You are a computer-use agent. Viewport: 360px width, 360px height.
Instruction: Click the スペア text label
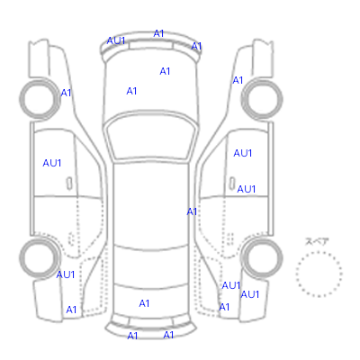point(317,241)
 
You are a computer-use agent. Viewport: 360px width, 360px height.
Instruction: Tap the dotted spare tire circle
point(319,252)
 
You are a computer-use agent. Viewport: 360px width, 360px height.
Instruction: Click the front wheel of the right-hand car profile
point(262,79)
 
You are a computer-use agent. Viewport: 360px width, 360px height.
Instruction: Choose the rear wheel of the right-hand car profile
point(262,238)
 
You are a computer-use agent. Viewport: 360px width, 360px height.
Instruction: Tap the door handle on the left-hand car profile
point(69,184)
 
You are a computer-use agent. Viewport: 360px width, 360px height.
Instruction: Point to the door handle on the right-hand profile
point(232,183)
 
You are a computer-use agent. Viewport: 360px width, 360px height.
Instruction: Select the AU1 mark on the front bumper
point(116,40)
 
